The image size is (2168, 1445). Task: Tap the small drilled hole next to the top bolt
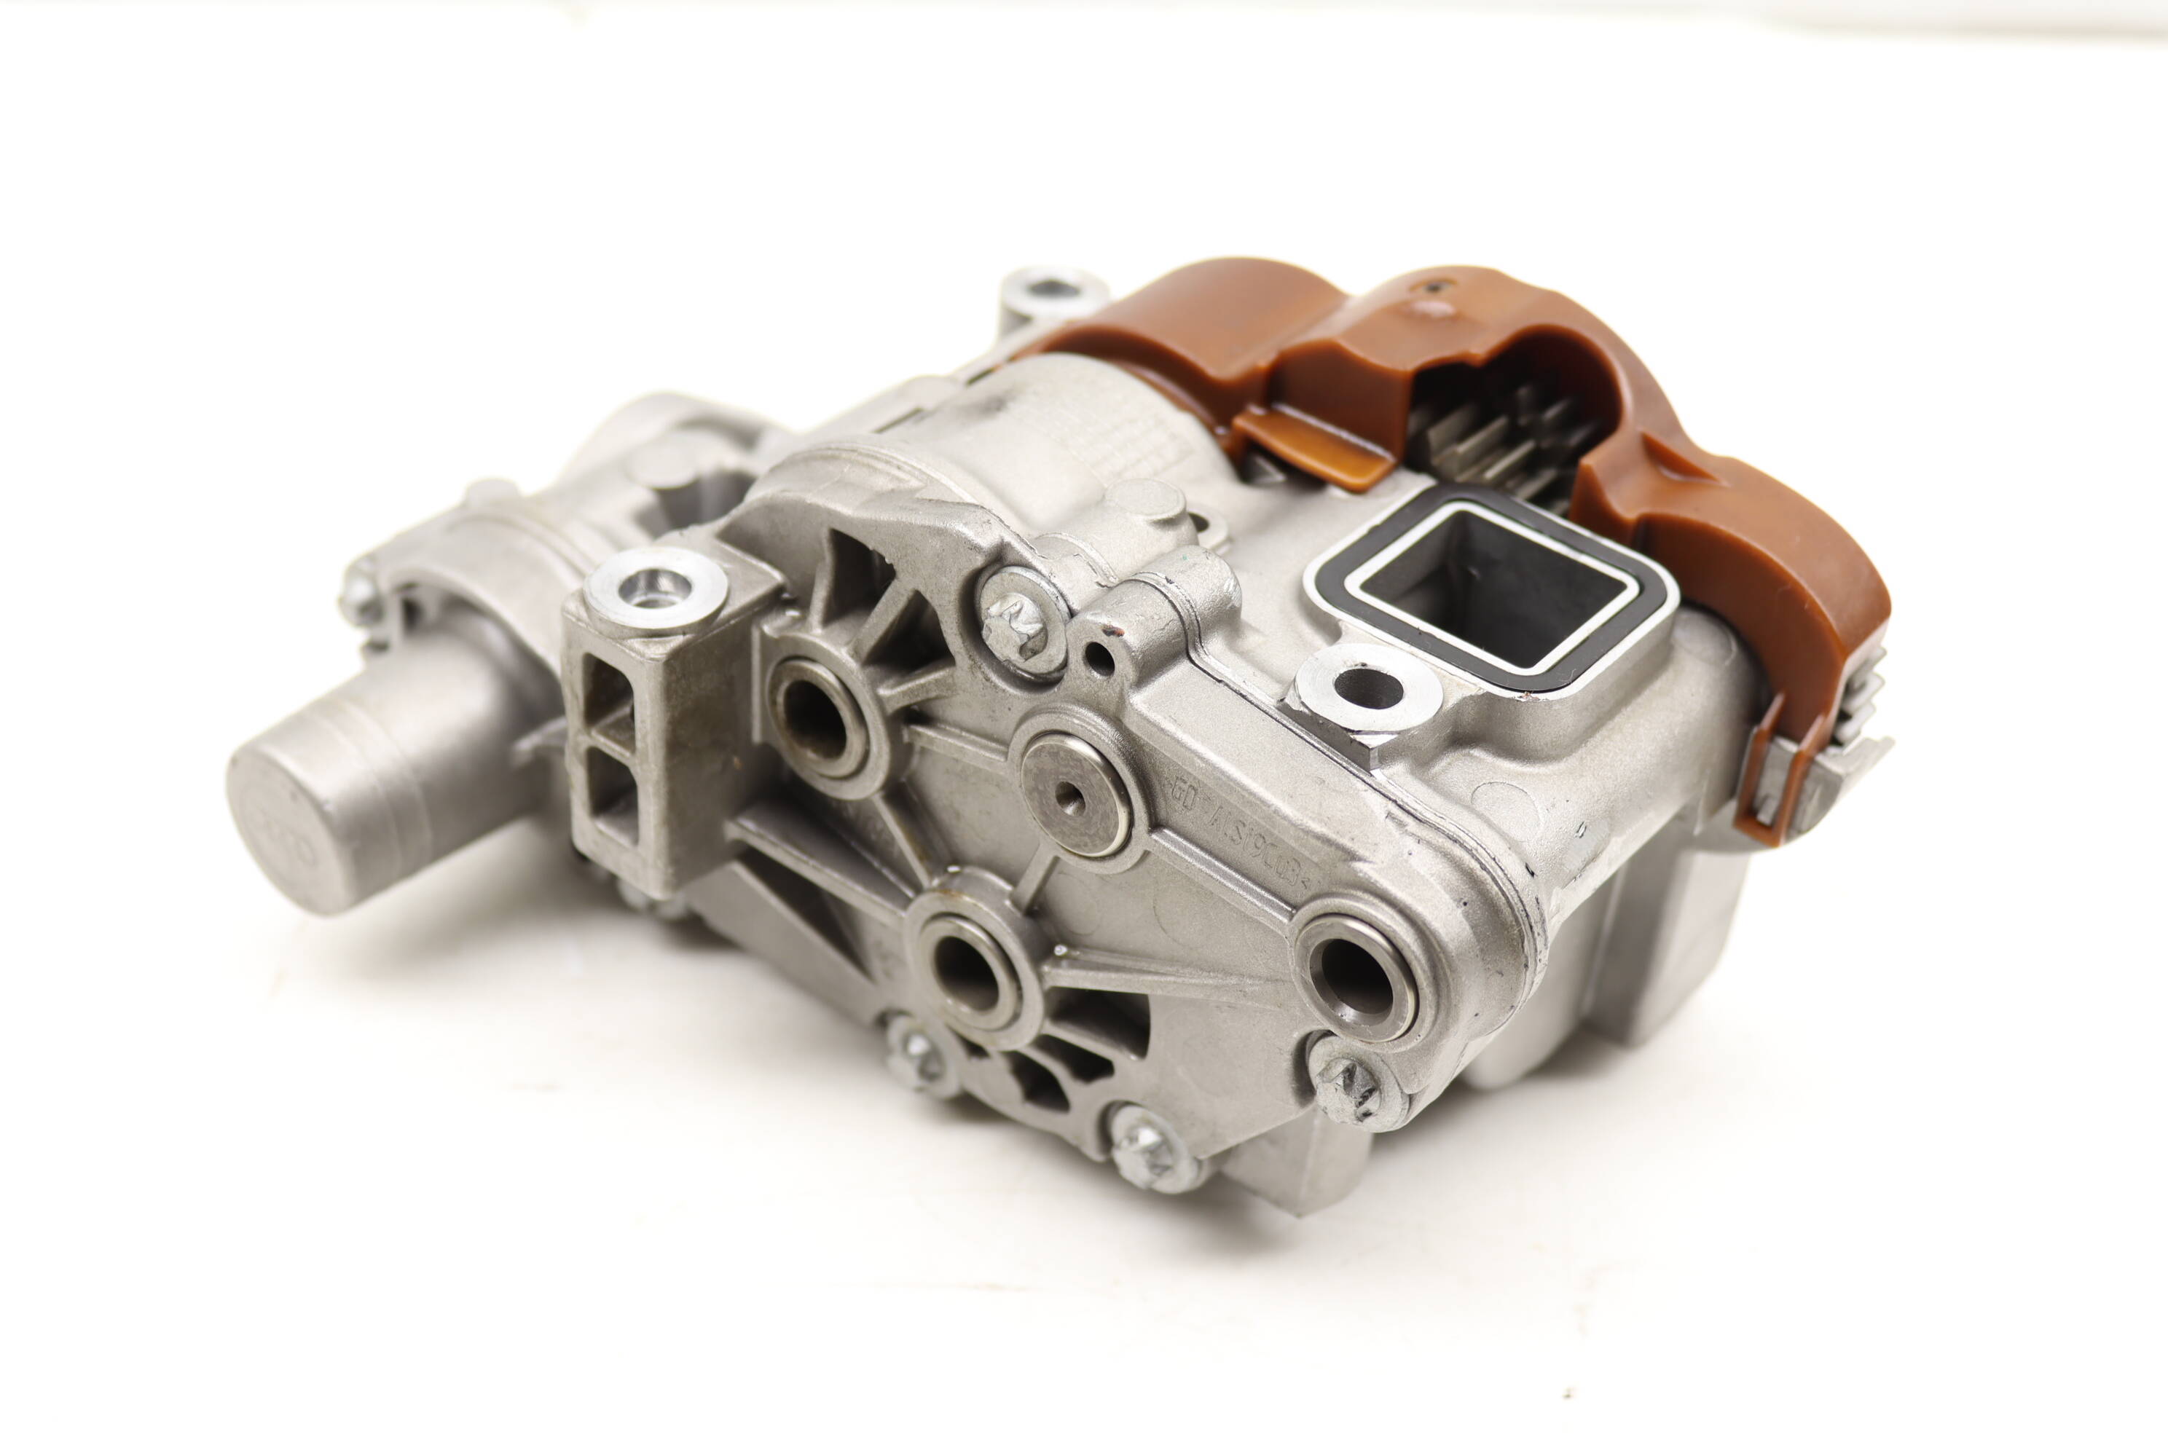(1101, 656)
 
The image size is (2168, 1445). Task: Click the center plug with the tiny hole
(1075, 795)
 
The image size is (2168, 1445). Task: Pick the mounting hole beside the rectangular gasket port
(1367, 688)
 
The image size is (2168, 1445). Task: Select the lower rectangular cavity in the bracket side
(611, 792)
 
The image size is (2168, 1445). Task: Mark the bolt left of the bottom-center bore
(915, 1059)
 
